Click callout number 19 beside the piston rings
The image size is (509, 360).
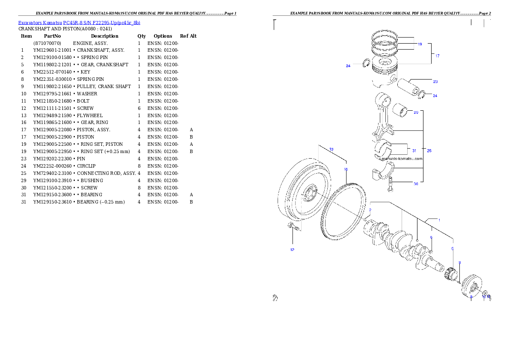[x=420, y=44]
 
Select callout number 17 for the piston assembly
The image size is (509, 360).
[x=437, y=56]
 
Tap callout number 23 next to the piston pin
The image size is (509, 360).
[x=435, y=81]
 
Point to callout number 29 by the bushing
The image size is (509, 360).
[x=416, y=112]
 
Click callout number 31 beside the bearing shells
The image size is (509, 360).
[x=414, y=150]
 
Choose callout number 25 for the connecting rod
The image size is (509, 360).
[x=429, y=150]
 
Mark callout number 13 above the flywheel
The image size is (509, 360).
[x=331, y=149]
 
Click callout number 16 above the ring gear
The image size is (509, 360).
[x=346, y=169]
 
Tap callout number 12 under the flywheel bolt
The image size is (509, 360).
[x=292, y=249]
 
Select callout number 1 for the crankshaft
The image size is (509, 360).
[x=439, y=220]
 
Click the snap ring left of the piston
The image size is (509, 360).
[x=366, y=64]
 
